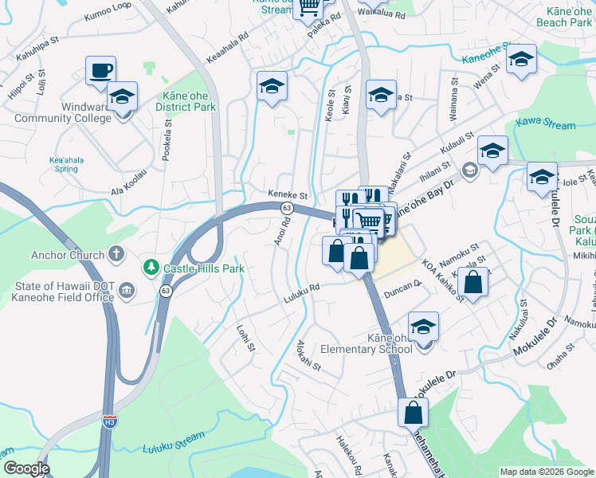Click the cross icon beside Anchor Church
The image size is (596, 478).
[x=116, y=255]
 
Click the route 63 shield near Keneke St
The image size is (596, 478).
[x=287, y=207]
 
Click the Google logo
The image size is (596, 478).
[x=25, y=468]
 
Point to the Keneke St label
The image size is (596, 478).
[x=288, y=194]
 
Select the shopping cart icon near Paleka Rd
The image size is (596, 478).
[x=308, y=8]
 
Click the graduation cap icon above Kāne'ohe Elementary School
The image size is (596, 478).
[x=423, y=326]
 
